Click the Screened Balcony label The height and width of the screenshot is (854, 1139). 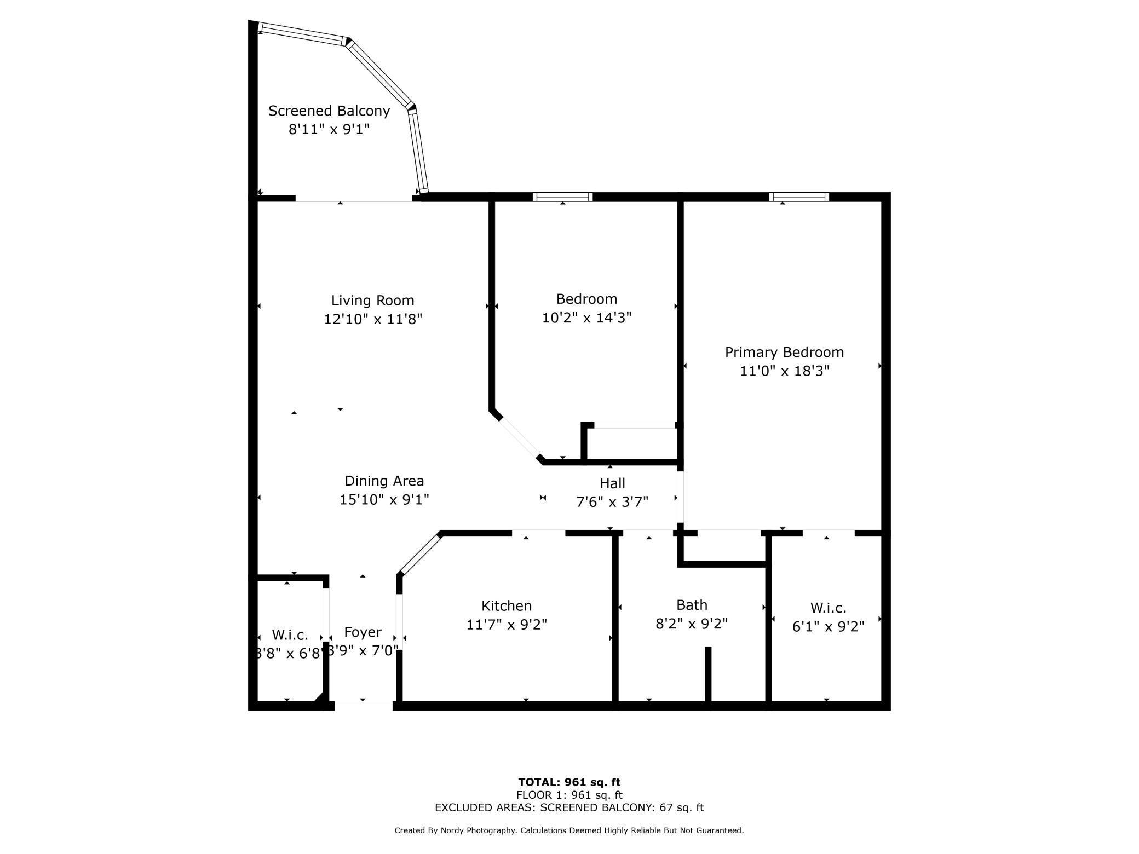pyautogui.click(x=329, y=111)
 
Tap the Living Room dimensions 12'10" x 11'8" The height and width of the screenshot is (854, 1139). pyautogui.click(x=373, y=319)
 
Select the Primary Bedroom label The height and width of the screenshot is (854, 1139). pyautogui.click(x=784, y=352)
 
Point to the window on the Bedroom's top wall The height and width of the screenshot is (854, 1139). pyautogui.click(x=562, y=197)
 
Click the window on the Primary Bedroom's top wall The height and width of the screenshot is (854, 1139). pyautogui.click(x=799, y=197)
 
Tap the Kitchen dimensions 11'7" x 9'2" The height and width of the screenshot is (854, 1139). pyautogui.click(x=507, y=624)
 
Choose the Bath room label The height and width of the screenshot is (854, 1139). pyautogui.click(x=692, y=605)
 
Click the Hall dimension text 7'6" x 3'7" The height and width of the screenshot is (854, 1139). pyautogui.click(x=612, y=501)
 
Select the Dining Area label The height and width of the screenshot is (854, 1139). pyautogui.click(x=384, y=481)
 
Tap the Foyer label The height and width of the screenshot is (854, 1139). pyautogui.click(x=363, y=632)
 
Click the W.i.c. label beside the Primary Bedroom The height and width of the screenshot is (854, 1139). pyautogui.click(x=828, y=608)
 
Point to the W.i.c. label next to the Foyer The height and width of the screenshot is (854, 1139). pyautogui.click(x=290, y=635)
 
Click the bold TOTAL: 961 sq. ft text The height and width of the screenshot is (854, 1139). pyautogui.click(x=569, y=782)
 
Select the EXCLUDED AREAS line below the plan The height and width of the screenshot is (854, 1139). pyautogui.click(x=569, y=807)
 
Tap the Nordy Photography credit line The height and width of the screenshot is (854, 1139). pyautogui.click(x=569, y=830)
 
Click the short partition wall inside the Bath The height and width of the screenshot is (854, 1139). pyautogui.click(x=707, y=674)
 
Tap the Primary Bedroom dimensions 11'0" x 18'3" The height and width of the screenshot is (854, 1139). pyautogui.click(x=784, y=371)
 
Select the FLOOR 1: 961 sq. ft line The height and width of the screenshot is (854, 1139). pyautogui.click(x=569, y=795)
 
